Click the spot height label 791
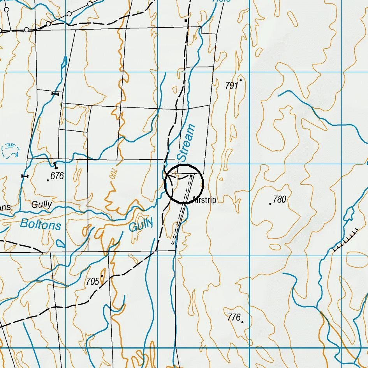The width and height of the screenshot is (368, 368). (231, 86)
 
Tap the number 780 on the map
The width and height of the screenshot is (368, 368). (280, 199)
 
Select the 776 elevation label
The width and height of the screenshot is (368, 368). (234, 317)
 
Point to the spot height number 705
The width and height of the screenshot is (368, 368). (92, 282)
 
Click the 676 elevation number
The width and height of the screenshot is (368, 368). (57, 176)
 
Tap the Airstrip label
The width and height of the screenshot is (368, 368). (204, 200)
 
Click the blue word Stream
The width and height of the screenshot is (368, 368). (186, 143)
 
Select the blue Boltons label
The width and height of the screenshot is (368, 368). (40, 224)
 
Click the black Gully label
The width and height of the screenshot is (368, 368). (42, 204)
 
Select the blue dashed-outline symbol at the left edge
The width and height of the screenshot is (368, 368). (10, 150)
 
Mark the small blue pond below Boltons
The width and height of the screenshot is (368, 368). (60, 244)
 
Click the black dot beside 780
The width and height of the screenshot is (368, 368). (270, 204)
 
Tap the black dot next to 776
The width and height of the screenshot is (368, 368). (243, 322)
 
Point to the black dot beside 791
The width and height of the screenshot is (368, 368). (241, 80)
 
